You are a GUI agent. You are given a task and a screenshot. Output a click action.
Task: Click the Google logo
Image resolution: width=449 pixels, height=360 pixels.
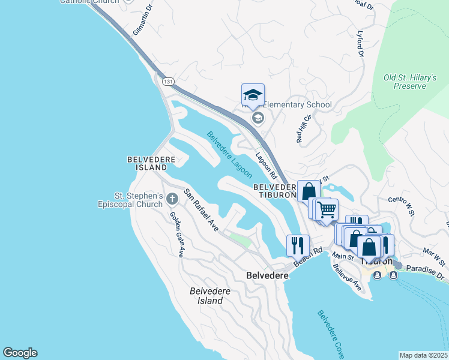(x=20, y=353)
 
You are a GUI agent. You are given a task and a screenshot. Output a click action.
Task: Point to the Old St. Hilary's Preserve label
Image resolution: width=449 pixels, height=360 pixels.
(x=405, y=82)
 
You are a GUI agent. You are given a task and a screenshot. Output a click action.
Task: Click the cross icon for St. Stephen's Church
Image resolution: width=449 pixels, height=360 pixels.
(x=172, y=199)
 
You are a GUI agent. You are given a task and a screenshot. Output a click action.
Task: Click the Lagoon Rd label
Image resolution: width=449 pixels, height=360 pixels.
(x=265, y=166)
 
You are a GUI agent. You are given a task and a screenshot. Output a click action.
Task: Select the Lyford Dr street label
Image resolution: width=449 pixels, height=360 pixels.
(x=361, y=44)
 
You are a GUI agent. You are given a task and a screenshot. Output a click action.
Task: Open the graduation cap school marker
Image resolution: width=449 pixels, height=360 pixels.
(x=253, y=95)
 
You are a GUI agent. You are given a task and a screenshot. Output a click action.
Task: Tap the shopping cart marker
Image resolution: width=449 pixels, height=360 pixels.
(x=327, y=210)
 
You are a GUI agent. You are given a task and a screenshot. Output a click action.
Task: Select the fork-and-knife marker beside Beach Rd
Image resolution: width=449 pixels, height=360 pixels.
(x=298, y=245)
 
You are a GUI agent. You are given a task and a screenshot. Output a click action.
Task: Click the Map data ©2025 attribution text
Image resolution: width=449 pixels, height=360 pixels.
(x=423, y=355)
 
